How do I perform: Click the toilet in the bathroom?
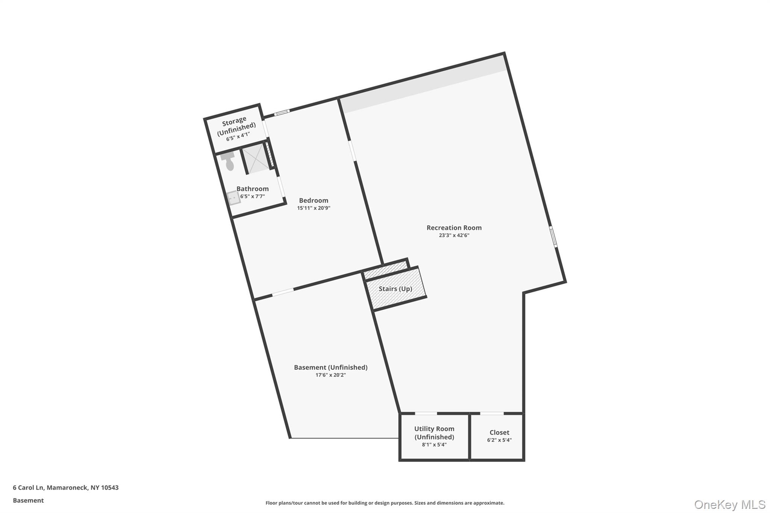coord(229,161)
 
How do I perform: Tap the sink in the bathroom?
coord(233,197)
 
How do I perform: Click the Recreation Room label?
coord(454,228)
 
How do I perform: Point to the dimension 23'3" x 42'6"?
coord(454,236)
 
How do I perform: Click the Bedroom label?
coord(314,201)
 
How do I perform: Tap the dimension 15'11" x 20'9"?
coord(314,208)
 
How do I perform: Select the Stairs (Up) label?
coord(395,289)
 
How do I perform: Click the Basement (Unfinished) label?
coord(330,368)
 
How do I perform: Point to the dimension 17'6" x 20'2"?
coord(330,375)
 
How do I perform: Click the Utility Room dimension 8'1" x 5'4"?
coord(434,445)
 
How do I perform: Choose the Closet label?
coord(499,433)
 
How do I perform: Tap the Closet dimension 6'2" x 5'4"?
coord(499,440)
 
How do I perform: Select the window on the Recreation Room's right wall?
coord(553,236)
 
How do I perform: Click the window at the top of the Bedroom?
coord(282,112)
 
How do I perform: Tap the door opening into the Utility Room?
coord(426,413)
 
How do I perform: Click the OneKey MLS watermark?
coord(729,504)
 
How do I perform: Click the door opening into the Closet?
coord(492,413)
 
